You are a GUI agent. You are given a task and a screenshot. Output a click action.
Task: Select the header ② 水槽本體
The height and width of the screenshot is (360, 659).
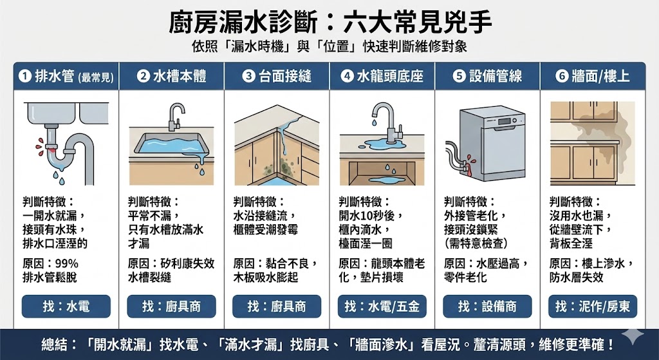[171, 77]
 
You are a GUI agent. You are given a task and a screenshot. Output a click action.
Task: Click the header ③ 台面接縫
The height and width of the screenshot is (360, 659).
[277, 77]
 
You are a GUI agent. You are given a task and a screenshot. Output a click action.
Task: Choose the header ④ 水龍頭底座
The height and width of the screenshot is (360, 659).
[382, 77]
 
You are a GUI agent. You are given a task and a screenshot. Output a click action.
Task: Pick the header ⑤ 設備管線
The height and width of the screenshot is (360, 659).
[487, 77]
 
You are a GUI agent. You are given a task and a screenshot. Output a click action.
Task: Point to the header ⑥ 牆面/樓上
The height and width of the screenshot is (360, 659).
[593, 77]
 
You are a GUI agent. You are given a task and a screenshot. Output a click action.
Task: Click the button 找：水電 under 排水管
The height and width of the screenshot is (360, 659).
[66, 306]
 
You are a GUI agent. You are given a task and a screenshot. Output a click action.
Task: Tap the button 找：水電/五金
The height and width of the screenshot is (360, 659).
[382, 306]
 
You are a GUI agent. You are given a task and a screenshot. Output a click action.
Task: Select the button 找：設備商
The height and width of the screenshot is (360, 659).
[487, 306]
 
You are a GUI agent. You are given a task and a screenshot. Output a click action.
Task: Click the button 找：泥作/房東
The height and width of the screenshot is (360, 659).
[593, 306]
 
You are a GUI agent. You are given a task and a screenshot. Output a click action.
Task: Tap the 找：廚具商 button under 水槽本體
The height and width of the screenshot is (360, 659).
[171, 306]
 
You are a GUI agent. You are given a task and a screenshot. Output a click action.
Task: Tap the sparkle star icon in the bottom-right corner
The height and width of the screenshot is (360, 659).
[636, 344]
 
